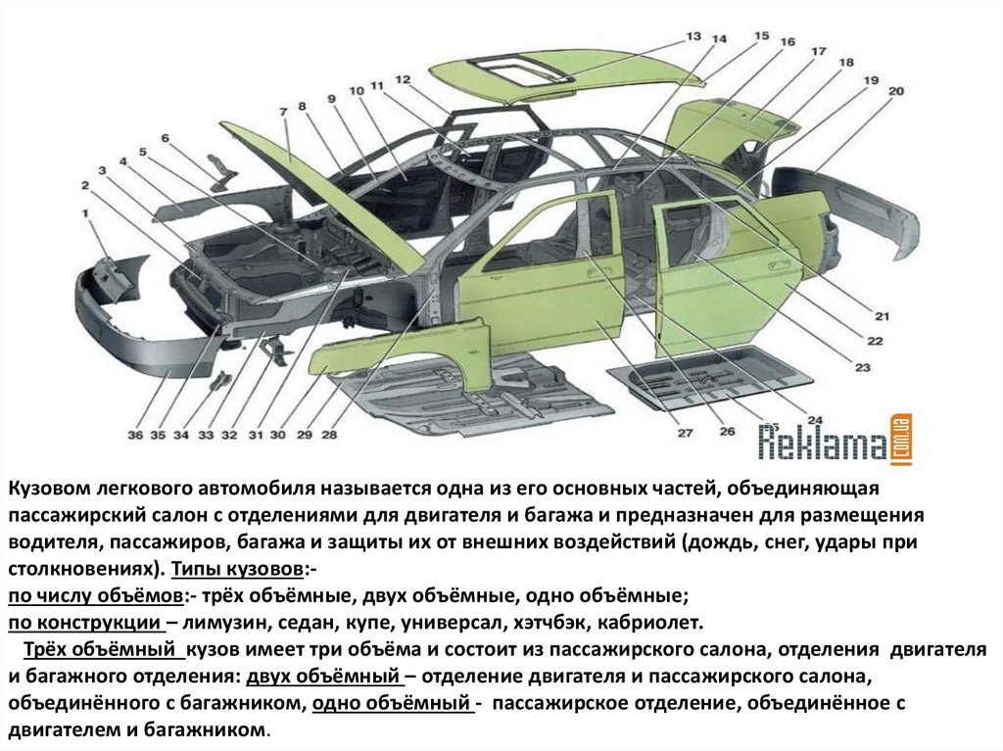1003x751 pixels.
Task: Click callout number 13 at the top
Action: tap(693, 36)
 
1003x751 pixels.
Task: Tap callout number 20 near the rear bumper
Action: tap(895, 91)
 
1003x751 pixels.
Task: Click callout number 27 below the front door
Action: tap(685, 433)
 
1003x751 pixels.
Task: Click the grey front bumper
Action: tap(147, 323)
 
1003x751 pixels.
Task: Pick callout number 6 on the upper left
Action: tap(166, 138)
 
